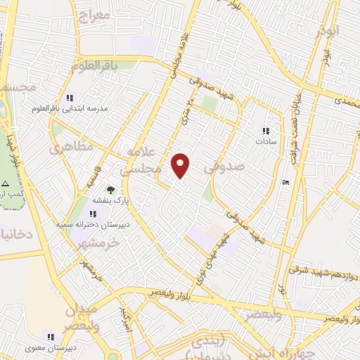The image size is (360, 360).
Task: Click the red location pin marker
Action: pos(181,165)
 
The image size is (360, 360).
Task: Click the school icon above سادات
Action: pos(266,130)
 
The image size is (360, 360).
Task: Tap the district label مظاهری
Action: pos(70,148)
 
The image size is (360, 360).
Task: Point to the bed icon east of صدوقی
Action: pos(284,183)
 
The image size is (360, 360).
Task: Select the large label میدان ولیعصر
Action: pos(83,319)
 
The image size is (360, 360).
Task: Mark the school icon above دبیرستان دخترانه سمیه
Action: pos(94,213)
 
